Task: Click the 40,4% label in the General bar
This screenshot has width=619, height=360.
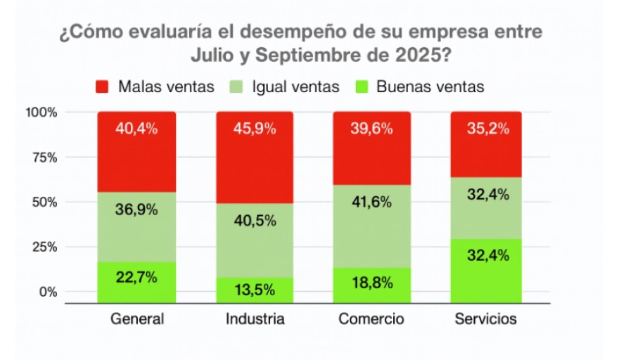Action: [x=137, y=129]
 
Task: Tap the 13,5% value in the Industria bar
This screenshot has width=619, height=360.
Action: [x=255, y=288]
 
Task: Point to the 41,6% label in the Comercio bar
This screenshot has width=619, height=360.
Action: [x=372, y=202]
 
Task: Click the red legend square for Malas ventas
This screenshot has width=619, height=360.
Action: [x=102, y=87]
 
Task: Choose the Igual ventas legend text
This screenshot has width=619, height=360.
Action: [x=295, y=87]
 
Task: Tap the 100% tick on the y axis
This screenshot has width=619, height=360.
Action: [x=42, y=112]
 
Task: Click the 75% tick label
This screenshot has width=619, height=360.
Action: [x=44, y=157]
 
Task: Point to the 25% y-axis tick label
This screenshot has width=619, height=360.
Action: [x=44, y=247]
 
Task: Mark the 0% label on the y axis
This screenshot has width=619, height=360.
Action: [x=47, y=292]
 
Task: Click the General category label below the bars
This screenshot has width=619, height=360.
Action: [x=137, y=319]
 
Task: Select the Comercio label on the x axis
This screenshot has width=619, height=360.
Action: [x=371, y=319]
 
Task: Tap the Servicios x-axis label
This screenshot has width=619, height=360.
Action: [x=485, y=319]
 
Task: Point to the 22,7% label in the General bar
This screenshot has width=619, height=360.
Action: [x=137, y=276]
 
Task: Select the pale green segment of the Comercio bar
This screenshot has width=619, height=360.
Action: [x=372, y=225]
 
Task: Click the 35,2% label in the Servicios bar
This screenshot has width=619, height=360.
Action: [x=485, y=129]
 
